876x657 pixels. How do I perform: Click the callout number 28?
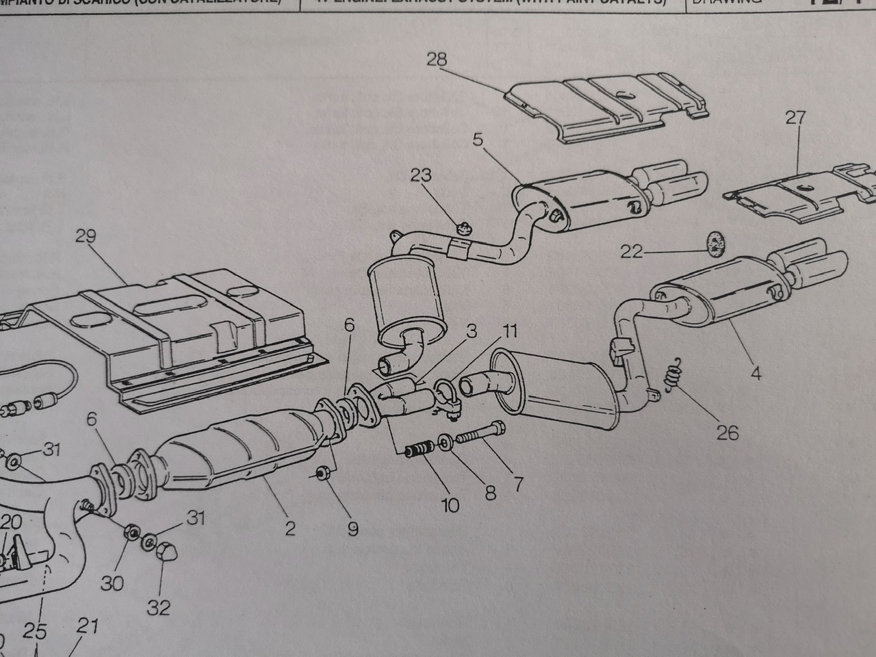[x=437, y=60]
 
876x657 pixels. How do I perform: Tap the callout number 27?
[x=795, y=118]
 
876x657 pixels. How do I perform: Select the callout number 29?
[x=86, y=237]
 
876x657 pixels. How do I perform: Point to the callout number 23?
[x=421, y=175]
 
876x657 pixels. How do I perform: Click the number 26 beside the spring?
[x=728, y=433]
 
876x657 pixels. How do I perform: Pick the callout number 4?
[x=756, y=374]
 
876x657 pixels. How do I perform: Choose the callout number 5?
[x=478, y=140]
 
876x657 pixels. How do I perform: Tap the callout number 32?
[x=159, y=607]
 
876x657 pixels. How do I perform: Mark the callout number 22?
[x=631, y=252]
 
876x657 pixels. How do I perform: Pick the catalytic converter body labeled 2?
[x=233, y=448]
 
